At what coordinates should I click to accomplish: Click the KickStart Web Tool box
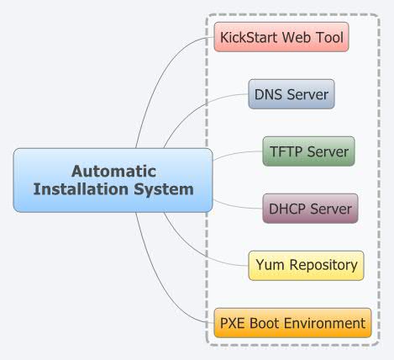point(281,38)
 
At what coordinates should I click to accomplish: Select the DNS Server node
point(292,94)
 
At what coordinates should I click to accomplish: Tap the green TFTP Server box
point(308,151)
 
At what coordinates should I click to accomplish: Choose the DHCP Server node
point(310,208)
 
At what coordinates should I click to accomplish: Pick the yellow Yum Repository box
point(306,265)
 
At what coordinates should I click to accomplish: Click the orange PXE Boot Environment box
point(292,322)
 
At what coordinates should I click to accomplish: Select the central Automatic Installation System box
point(113,179)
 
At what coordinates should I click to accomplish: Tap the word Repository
point(322,265)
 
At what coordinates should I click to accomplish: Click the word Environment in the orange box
point(324,322)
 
